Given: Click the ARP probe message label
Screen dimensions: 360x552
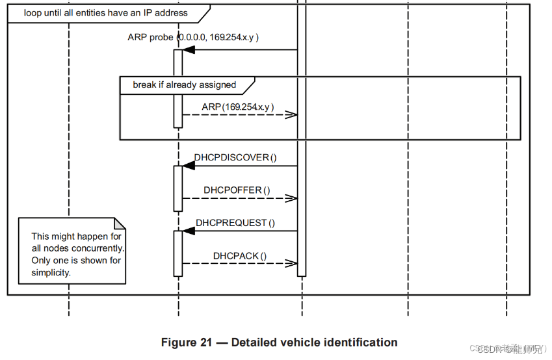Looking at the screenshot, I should coord(193,37).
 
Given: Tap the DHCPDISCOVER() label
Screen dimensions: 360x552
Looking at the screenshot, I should coord(235,157).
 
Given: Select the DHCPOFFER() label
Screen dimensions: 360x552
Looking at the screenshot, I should coord(237,190).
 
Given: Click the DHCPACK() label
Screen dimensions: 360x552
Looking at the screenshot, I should coord(239,256).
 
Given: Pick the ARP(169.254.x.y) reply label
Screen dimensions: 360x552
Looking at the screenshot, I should coord(237,107).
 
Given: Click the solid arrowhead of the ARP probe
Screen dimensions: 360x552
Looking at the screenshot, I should coord(189,49).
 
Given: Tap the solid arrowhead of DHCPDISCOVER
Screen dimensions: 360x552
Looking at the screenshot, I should coord(189,166).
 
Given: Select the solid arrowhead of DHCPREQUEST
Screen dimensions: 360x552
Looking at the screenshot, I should coord(189,231).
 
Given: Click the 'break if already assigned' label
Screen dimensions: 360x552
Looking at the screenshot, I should coord(184,84).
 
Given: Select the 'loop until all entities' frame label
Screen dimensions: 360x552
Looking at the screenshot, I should coord(105,12).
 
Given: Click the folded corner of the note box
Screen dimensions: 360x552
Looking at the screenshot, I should coord(121,222).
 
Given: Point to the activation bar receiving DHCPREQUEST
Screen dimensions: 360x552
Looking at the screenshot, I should coord(177,253).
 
